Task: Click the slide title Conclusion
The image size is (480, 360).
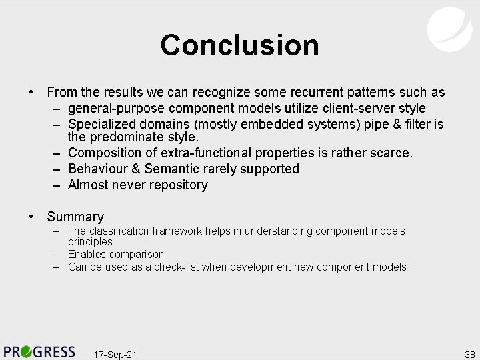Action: coord(239,45)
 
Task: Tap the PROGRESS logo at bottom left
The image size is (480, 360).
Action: coord(39,351)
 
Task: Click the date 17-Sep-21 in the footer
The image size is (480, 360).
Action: coord(115,354)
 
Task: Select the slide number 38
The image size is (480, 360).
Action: coord(469,354)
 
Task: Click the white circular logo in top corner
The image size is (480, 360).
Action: coord(449,28)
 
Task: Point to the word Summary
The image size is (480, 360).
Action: coord(75,217)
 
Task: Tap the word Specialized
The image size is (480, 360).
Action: coord(100,124)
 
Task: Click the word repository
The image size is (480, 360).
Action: coord(178,185)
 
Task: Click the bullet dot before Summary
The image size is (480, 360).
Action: coord(31,217)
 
